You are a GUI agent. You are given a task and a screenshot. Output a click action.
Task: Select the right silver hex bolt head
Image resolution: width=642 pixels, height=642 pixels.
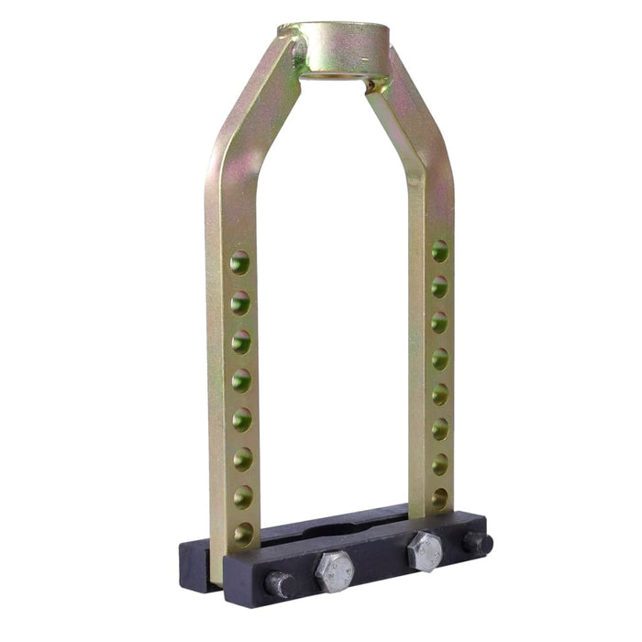(425, 549)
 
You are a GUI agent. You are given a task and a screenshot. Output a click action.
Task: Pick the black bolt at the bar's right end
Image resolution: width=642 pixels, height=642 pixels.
(478, 542)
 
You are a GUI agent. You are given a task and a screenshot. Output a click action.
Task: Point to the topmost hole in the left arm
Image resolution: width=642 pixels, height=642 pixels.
(239, 262)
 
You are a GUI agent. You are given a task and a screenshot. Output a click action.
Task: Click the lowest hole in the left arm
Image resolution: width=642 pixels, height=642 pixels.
(243, 533)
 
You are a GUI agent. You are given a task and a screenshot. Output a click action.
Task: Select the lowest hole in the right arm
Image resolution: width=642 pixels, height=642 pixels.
(440, 498)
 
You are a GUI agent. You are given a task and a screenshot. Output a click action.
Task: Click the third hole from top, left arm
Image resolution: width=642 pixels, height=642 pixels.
(240, 340)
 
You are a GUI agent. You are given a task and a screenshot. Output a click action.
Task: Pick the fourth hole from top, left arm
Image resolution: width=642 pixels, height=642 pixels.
(241, 379)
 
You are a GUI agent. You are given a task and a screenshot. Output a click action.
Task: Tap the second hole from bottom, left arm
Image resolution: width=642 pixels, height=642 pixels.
(243, 496)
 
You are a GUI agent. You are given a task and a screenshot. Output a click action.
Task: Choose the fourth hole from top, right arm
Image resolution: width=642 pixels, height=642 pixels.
(440, 358)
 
